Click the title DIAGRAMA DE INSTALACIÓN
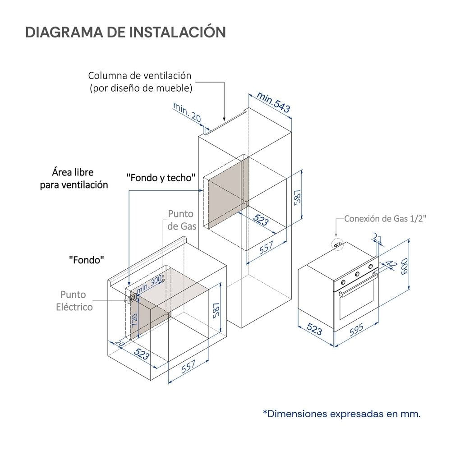pos(126,32)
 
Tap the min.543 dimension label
pos(273,102)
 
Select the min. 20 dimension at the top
pos(187,112)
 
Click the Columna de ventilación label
pos(140,82)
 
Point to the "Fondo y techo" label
pos(161,178)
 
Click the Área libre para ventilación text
pos(74,178)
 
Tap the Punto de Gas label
pos(181,220)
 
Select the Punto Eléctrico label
pos(74,300)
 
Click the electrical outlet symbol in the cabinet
pos(132,298)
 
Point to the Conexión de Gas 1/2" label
pos(385,219)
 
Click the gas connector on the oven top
pos(338,244)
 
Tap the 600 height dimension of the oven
pos(404,266)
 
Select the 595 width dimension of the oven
pos(357,330)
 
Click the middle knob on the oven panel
pos(357,274)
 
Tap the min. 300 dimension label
pos(149,284)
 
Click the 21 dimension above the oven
pos(377,238)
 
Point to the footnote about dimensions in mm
pos(342,414)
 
